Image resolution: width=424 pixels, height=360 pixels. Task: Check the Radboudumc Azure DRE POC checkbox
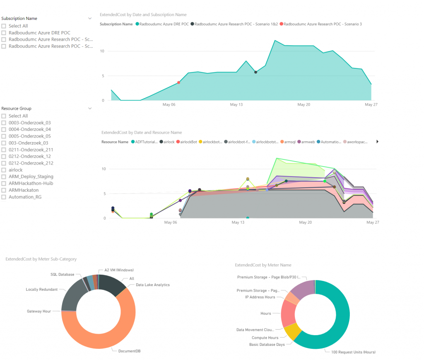[4, 33]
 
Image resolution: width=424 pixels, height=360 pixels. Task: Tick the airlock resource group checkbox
[4, 170]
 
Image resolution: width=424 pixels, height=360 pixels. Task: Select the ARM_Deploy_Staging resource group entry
[31, 176]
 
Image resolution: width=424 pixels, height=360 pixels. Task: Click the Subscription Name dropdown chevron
[90, 19]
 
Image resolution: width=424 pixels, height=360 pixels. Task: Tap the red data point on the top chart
[178, 82]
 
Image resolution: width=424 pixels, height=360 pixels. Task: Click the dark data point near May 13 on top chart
[255, 72]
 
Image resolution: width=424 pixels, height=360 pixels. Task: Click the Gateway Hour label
[39, 311]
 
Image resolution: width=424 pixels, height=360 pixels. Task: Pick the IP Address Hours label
[260, 297]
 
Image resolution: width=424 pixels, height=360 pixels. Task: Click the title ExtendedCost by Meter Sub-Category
[41, 259]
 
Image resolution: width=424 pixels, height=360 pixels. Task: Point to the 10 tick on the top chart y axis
[103, 51]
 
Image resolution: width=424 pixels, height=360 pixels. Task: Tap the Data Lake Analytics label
[152, 285]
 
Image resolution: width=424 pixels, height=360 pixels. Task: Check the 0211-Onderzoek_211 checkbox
[4, 150]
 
